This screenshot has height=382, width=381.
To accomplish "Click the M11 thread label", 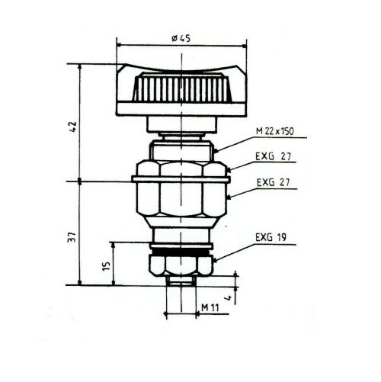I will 210,307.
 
